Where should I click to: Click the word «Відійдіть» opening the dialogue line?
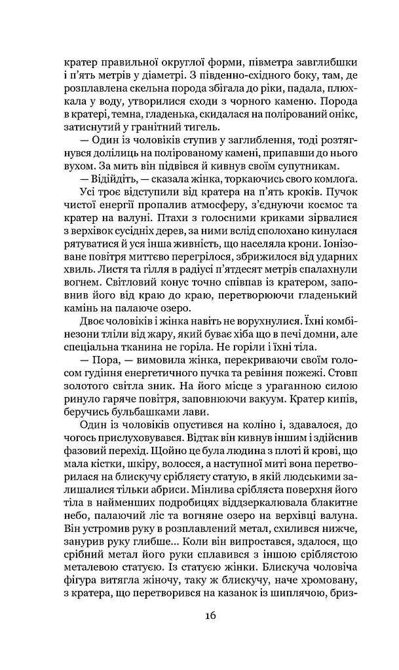(x=104, y=179)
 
